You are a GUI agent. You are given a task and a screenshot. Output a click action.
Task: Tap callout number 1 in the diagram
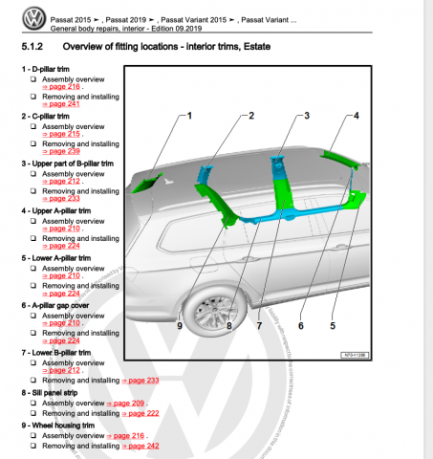click(x=189, y=116)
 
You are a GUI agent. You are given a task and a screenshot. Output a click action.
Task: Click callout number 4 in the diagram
click(x=356, y=116)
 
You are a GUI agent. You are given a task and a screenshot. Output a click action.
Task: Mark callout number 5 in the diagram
click(x=333, y=325)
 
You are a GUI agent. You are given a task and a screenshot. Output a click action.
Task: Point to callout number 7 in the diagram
click(x=258, y=325)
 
